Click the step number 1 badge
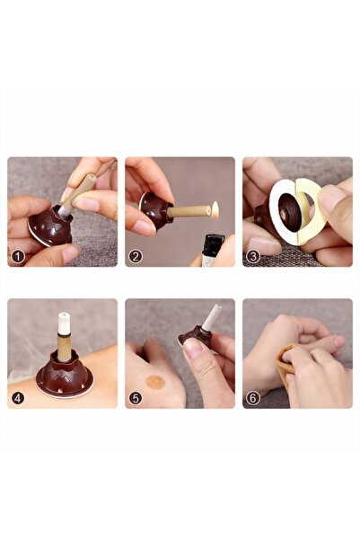pyautogui.click(x=18, y=256)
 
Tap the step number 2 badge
pyautogui.click(x=136, y=256)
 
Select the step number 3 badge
pyautogui.click(x=253, y=256)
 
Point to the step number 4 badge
pyautogui.click(x=18, y=398)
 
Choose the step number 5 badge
pyautogui.click(x=136, y=398)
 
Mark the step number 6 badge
pyautogui.click(x=253, y=398)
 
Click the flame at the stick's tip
pyautogui.click(x=215, y=209)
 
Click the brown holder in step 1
pyautogui.click(x=51, y=226)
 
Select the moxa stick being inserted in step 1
pyautogui.click(x=78, y=194)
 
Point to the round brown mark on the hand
pyautogui.click(x=155, y=382)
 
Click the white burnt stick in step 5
pyautogui.click(x=211, y=316)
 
